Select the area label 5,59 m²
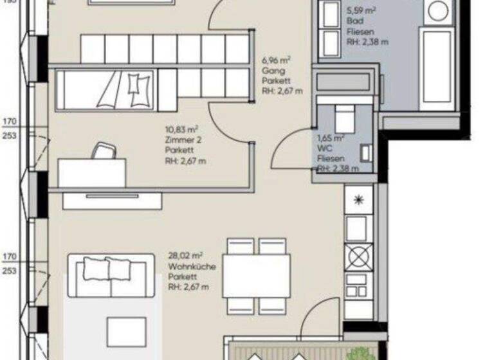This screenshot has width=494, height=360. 361,11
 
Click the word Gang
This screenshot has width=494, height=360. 270,71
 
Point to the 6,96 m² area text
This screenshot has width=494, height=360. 275,61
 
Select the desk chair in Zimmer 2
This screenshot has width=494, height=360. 102,150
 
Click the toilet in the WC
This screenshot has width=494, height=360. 344,119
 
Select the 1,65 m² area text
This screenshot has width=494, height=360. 331,138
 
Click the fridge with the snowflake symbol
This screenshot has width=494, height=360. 358,199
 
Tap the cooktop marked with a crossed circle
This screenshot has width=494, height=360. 358,258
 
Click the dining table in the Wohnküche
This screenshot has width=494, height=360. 256,276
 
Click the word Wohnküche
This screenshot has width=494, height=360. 192,267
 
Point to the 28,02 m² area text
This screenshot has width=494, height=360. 186,256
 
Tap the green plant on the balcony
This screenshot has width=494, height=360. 360,353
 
